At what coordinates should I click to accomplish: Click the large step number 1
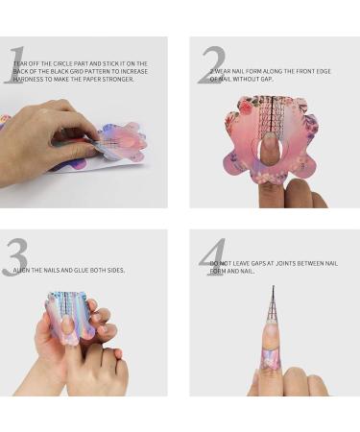(x=13, y=65)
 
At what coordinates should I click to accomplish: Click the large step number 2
(x=211, y=65)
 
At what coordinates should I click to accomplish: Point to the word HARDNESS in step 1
(x=30, y=79)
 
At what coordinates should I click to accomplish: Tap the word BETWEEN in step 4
(x=312, y=262)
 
